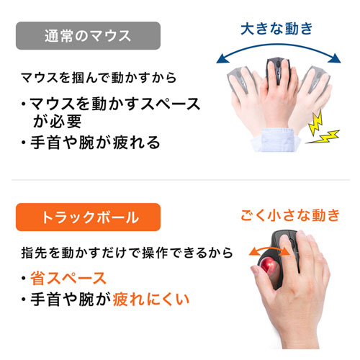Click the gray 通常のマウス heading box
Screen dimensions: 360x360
point(87,35)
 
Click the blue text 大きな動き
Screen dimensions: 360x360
point(276,29)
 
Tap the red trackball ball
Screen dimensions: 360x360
point(274,269)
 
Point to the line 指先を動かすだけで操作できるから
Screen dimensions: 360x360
point(127,253)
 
